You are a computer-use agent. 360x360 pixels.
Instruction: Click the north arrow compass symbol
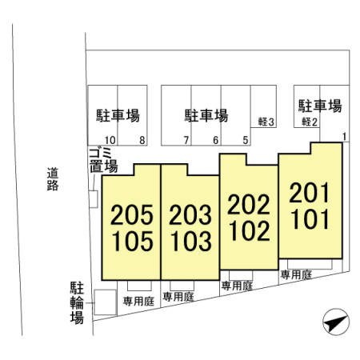(x=336, y=322)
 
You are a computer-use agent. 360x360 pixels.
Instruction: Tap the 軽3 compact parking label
(x=266, y=122)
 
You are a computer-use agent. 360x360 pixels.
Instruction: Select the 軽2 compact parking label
(x=310, y=122)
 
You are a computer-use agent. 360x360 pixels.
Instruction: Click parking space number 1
(x=344, y=137)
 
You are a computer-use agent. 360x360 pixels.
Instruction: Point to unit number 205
(x=132, y=214)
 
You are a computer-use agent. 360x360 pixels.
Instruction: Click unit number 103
(x=191, y=241)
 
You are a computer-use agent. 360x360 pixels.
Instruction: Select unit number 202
(x=249, y=205)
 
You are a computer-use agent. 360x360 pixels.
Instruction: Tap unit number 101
(x=310, y=219)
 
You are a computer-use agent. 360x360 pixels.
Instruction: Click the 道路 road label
(x=53, y=179)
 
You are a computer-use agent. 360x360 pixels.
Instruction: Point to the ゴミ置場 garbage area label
(x=103, y=161)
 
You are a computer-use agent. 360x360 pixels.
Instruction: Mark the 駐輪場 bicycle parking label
(x=77, y=302)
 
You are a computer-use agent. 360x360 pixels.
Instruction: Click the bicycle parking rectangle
(x=105, y=302)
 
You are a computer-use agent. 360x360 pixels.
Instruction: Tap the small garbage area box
(x=94, y=199)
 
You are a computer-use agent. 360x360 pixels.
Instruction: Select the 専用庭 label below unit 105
(x=138, y=302)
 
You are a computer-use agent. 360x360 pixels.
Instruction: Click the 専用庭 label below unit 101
(x=296, y=274)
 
